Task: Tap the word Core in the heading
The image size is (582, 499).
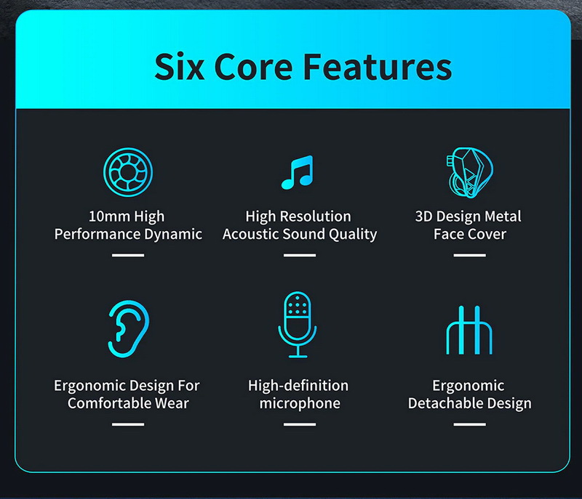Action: (257, 66)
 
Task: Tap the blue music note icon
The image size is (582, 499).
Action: (296, 173)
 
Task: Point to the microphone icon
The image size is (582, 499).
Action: (297, 323)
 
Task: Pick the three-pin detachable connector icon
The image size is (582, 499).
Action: (469, 330)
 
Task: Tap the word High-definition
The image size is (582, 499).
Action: (298, 386)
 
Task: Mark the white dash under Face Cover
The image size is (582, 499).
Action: (469, 255)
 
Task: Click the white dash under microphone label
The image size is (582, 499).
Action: (299, 424)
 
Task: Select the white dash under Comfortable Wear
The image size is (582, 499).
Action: (127, 424)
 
